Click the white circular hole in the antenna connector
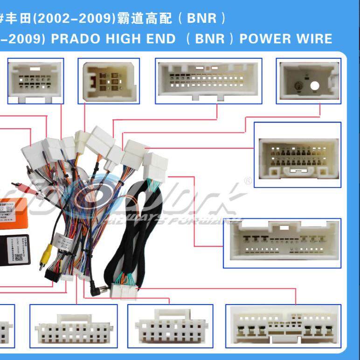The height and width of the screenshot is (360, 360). (x=314, y=86)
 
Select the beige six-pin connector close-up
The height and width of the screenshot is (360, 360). (x=109, y=81)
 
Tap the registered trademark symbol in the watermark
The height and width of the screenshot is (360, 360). (x=248, y=181)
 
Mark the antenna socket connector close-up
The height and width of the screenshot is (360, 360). (x=308, y=81)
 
